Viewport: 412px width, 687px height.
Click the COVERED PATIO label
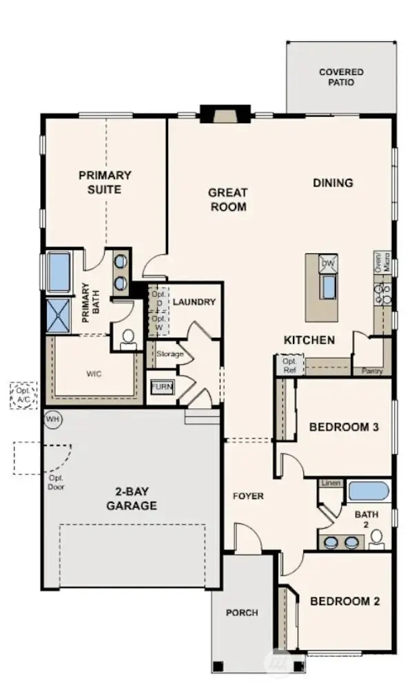pyautogui.click(x=341, y=77)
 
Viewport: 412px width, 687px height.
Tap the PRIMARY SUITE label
pyautogui.click(x=105, y=182)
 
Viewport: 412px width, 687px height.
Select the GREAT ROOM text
pyautogui.click(x=227, y=200)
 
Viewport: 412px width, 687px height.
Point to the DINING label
pyautogui.click(x=333, y=183)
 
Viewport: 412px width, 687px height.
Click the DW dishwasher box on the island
pyautogui.click(x=328, y=264)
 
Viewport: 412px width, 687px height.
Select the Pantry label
pyautogui.click(x=372, y=371)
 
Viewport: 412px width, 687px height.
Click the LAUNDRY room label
pyautogui.click(x=194, y=302)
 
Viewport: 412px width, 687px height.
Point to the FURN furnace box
pyautogui.click(x=162, y=387)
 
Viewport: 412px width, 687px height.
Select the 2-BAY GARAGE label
pyautogui.click(x=131, y=499)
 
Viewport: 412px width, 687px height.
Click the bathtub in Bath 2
pyautogui.click(x=369, y=492)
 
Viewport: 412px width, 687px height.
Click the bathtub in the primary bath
pyautogui.click(x=59, y=273)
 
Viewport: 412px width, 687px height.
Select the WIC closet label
pyautogui.click(x=95, y=374)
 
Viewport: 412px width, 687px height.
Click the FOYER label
pyautogui.click(x=248, y=496)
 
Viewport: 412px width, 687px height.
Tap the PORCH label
pyautogui.click(x=242, y=612)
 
